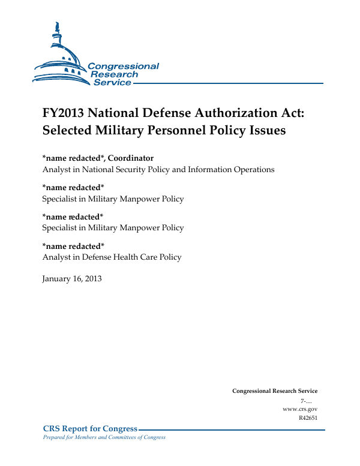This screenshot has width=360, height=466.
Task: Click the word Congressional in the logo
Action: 123,67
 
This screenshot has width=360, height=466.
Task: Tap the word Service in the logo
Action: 112,83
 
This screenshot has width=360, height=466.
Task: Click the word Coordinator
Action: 131,158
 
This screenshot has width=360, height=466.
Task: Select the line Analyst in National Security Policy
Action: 158,170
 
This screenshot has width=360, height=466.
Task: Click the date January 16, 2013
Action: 72,278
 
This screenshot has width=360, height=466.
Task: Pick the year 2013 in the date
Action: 92,278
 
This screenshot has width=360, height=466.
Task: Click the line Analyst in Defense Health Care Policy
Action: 112,257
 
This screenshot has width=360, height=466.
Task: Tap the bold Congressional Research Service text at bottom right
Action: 275,391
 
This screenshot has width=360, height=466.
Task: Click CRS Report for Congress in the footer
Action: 91,429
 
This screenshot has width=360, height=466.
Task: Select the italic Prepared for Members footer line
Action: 104,437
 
